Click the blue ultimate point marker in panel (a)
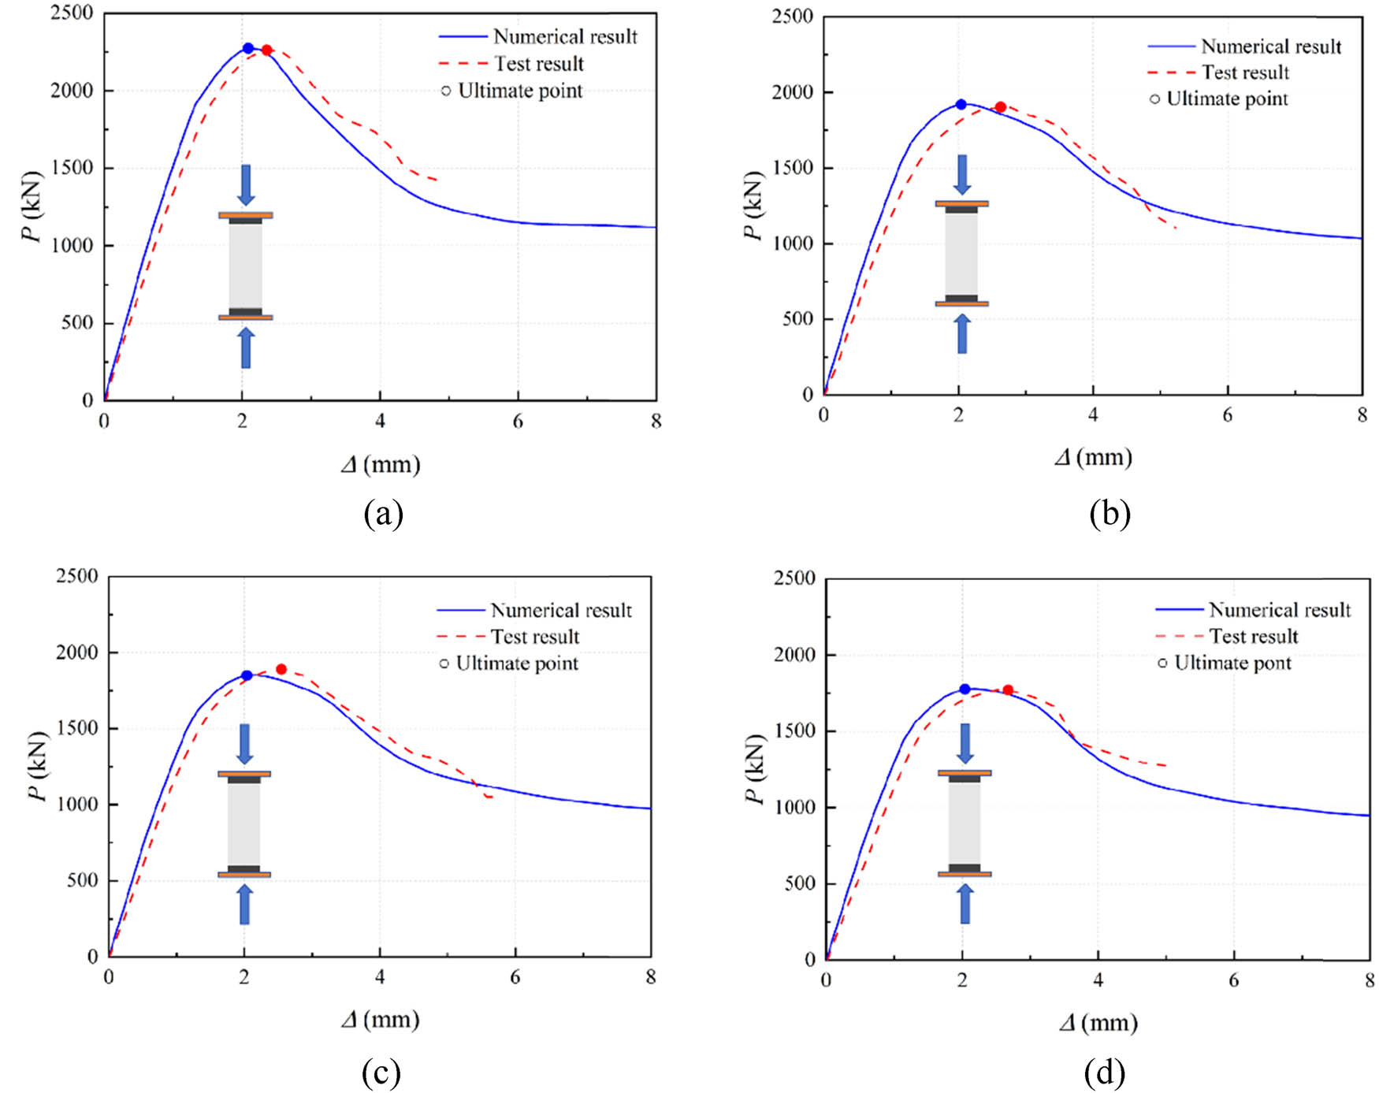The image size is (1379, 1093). coord(248,48)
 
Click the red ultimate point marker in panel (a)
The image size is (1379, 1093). coord(266,50)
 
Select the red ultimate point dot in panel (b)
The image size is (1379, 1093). coord(1000,107)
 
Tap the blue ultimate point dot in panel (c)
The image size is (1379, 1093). coord(247,675)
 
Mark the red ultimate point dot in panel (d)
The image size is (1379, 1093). coord(1007,690)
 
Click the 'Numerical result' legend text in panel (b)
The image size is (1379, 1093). coord(1270,46)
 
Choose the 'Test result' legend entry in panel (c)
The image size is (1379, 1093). coord(534,637)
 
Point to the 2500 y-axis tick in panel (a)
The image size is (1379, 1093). coord(72,13)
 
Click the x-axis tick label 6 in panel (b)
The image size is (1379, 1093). coord(1227,415)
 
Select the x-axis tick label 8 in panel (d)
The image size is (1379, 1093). coord(1370,981)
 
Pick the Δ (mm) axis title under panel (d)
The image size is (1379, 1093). coord(1098,1023)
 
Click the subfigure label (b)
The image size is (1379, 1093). coord(1109,514)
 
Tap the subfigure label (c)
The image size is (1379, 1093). coord(381,1073)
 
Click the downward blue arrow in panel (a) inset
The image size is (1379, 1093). coord(245,184)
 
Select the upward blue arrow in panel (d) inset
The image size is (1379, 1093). coord(965,904)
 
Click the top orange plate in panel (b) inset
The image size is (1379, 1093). coord(961,203)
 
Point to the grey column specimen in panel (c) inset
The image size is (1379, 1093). coord(244,823)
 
